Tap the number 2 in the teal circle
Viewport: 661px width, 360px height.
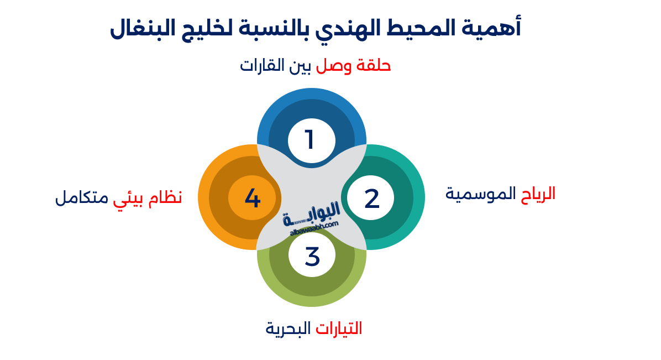372,198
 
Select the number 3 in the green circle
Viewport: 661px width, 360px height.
312,256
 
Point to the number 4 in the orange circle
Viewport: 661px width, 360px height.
252,198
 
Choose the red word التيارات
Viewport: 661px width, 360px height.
339,328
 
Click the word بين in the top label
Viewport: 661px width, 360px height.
302,65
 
